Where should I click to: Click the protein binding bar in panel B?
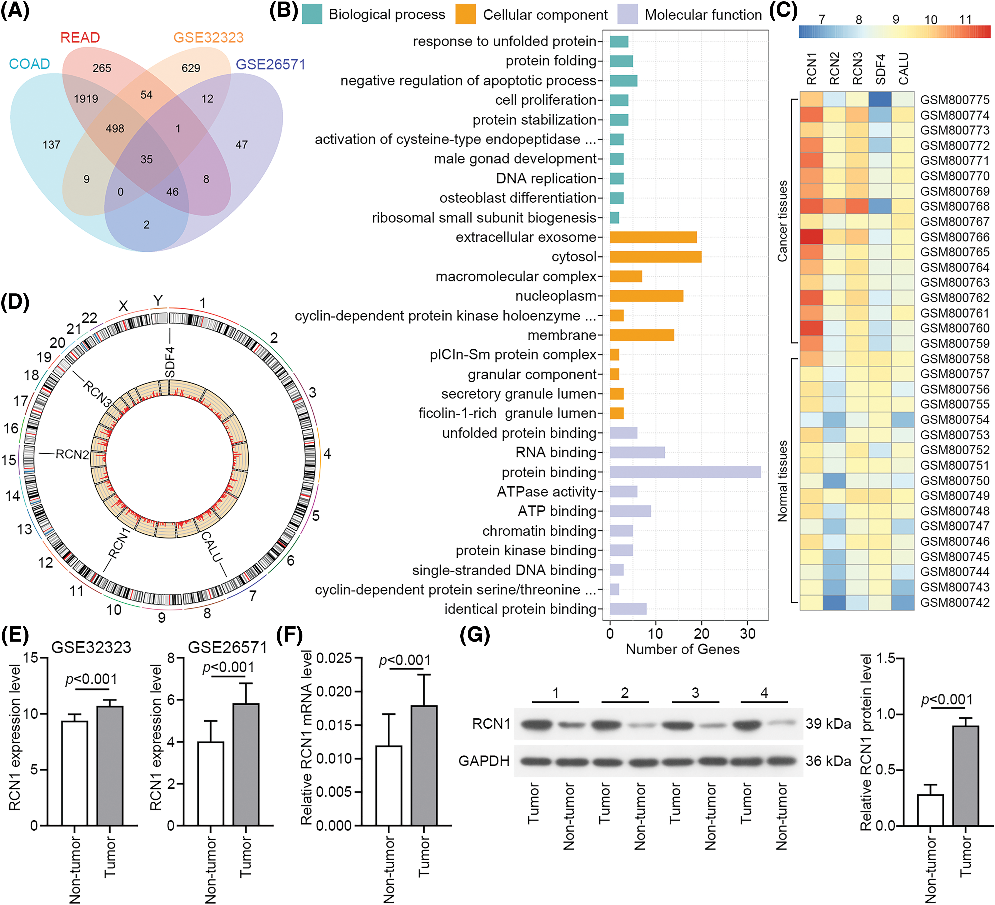(685, 472)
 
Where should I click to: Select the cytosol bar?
(655, 257)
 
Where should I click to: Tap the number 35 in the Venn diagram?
(147, 160)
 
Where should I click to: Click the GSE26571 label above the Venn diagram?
(270, 64)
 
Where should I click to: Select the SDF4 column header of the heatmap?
(880, 69)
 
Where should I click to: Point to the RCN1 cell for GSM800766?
(811, 237)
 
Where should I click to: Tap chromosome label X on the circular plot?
(123, 306)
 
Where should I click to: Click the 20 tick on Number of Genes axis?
(701, 633)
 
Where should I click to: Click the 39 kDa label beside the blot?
(828, 724)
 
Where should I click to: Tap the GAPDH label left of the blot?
(484, 761)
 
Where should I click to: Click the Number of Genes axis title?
(683, 649)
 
